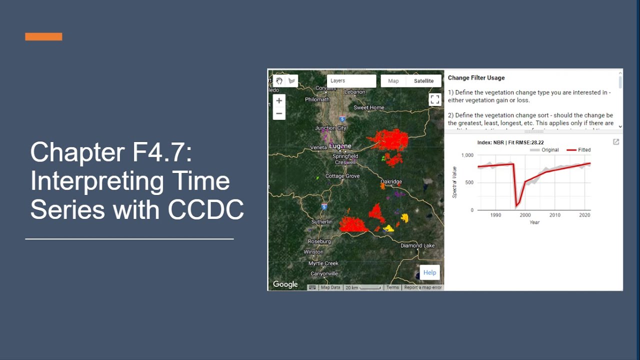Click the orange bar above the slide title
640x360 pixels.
click(x=43, y=36)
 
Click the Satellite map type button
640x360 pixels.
click(x=423, y=81)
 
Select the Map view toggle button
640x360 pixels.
click(x=393, y=81)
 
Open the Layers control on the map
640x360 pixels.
click(x=351, y=81)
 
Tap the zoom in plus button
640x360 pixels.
click(x=279, y=100)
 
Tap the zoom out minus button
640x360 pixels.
click(x=279, y=113)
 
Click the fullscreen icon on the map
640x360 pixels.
click(x=435, y=99)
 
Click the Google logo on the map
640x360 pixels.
click(x=285, y=284)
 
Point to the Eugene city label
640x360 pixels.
click(x=340, y=146)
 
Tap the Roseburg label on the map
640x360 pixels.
click(x=319, y=241)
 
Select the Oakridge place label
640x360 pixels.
click(x=391, y=182)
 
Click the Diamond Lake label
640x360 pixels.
click(x=417, y=246)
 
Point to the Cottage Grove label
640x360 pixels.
click(x=342, y=176)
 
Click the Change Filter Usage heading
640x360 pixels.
click(x=476, y=78)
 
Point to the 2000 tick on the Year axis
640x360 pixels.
click(x=525, y=215)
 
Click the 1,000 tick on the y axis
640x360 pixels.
click(x=467, y=155)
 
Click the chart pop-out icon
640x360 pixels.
click(x=616, y=142)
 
